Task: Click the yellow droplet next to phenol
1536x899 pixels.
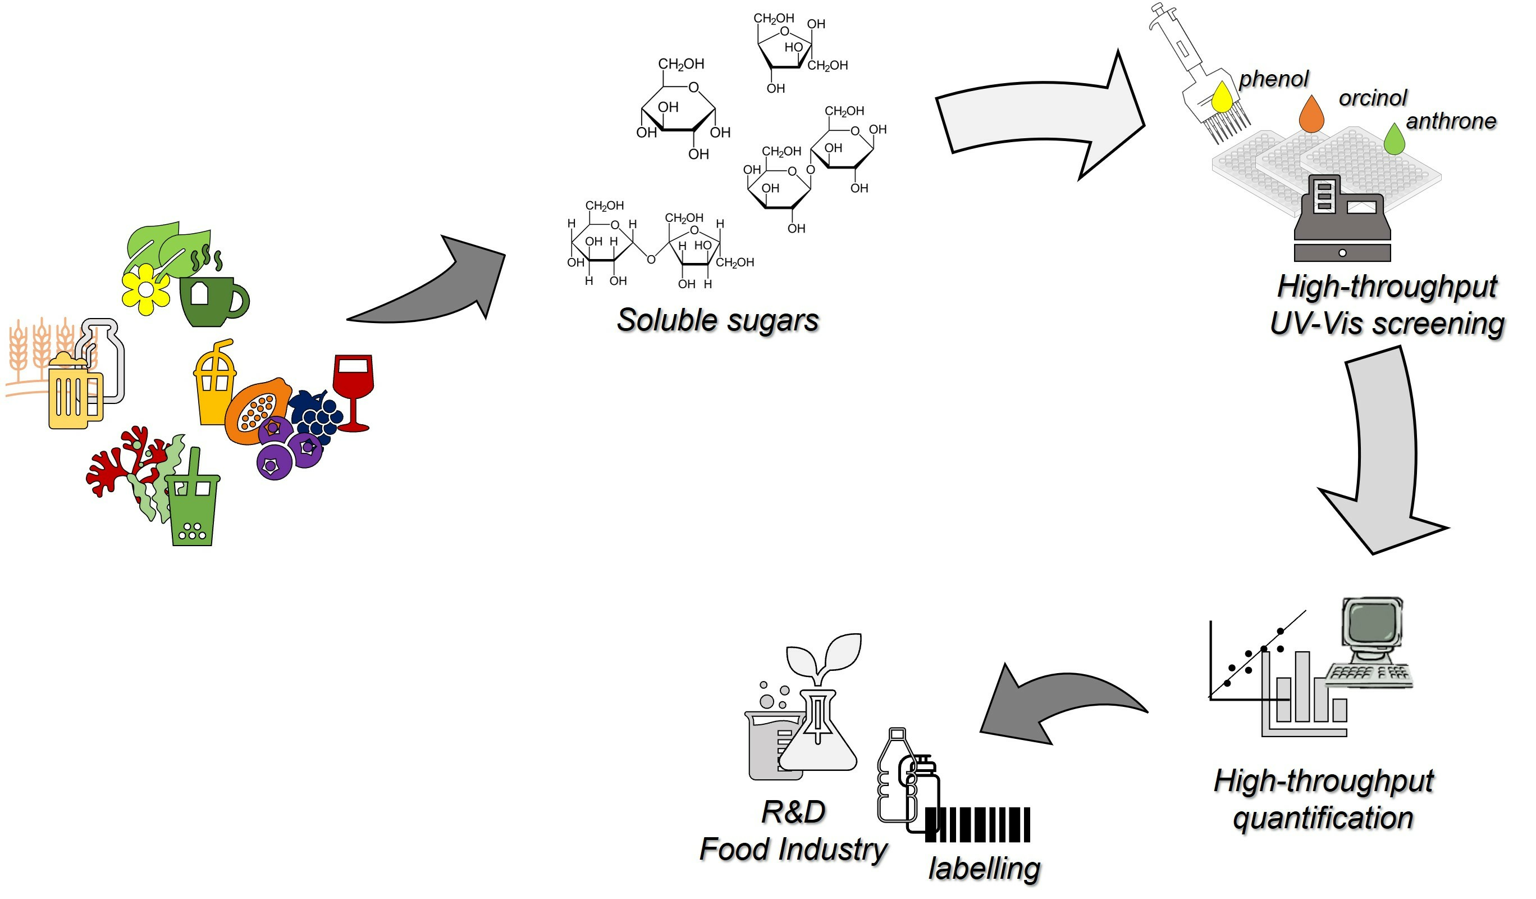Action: (x=1222, y=98)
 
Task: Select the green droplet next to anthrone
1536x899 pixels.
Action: (x=1394, y=140)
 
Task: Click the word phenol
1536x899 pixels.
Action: (x=1274, y=79)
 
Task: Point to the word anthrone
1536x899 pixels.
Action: (x=1451, y=121)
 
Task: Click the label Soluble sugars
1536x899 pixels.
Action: (x=717, y=320)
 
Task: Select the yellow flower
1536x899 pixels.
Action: (x=145, y=289)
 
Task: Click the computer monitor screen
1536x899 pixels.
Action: (x=1372, y=623)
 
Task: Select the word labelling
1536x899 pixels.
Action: (x=984, y=868)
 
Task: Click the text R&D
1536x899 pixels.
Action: (x=793, y=812)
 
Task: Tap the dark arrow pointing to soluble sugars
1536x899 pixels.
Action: (x=433, y=287)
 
